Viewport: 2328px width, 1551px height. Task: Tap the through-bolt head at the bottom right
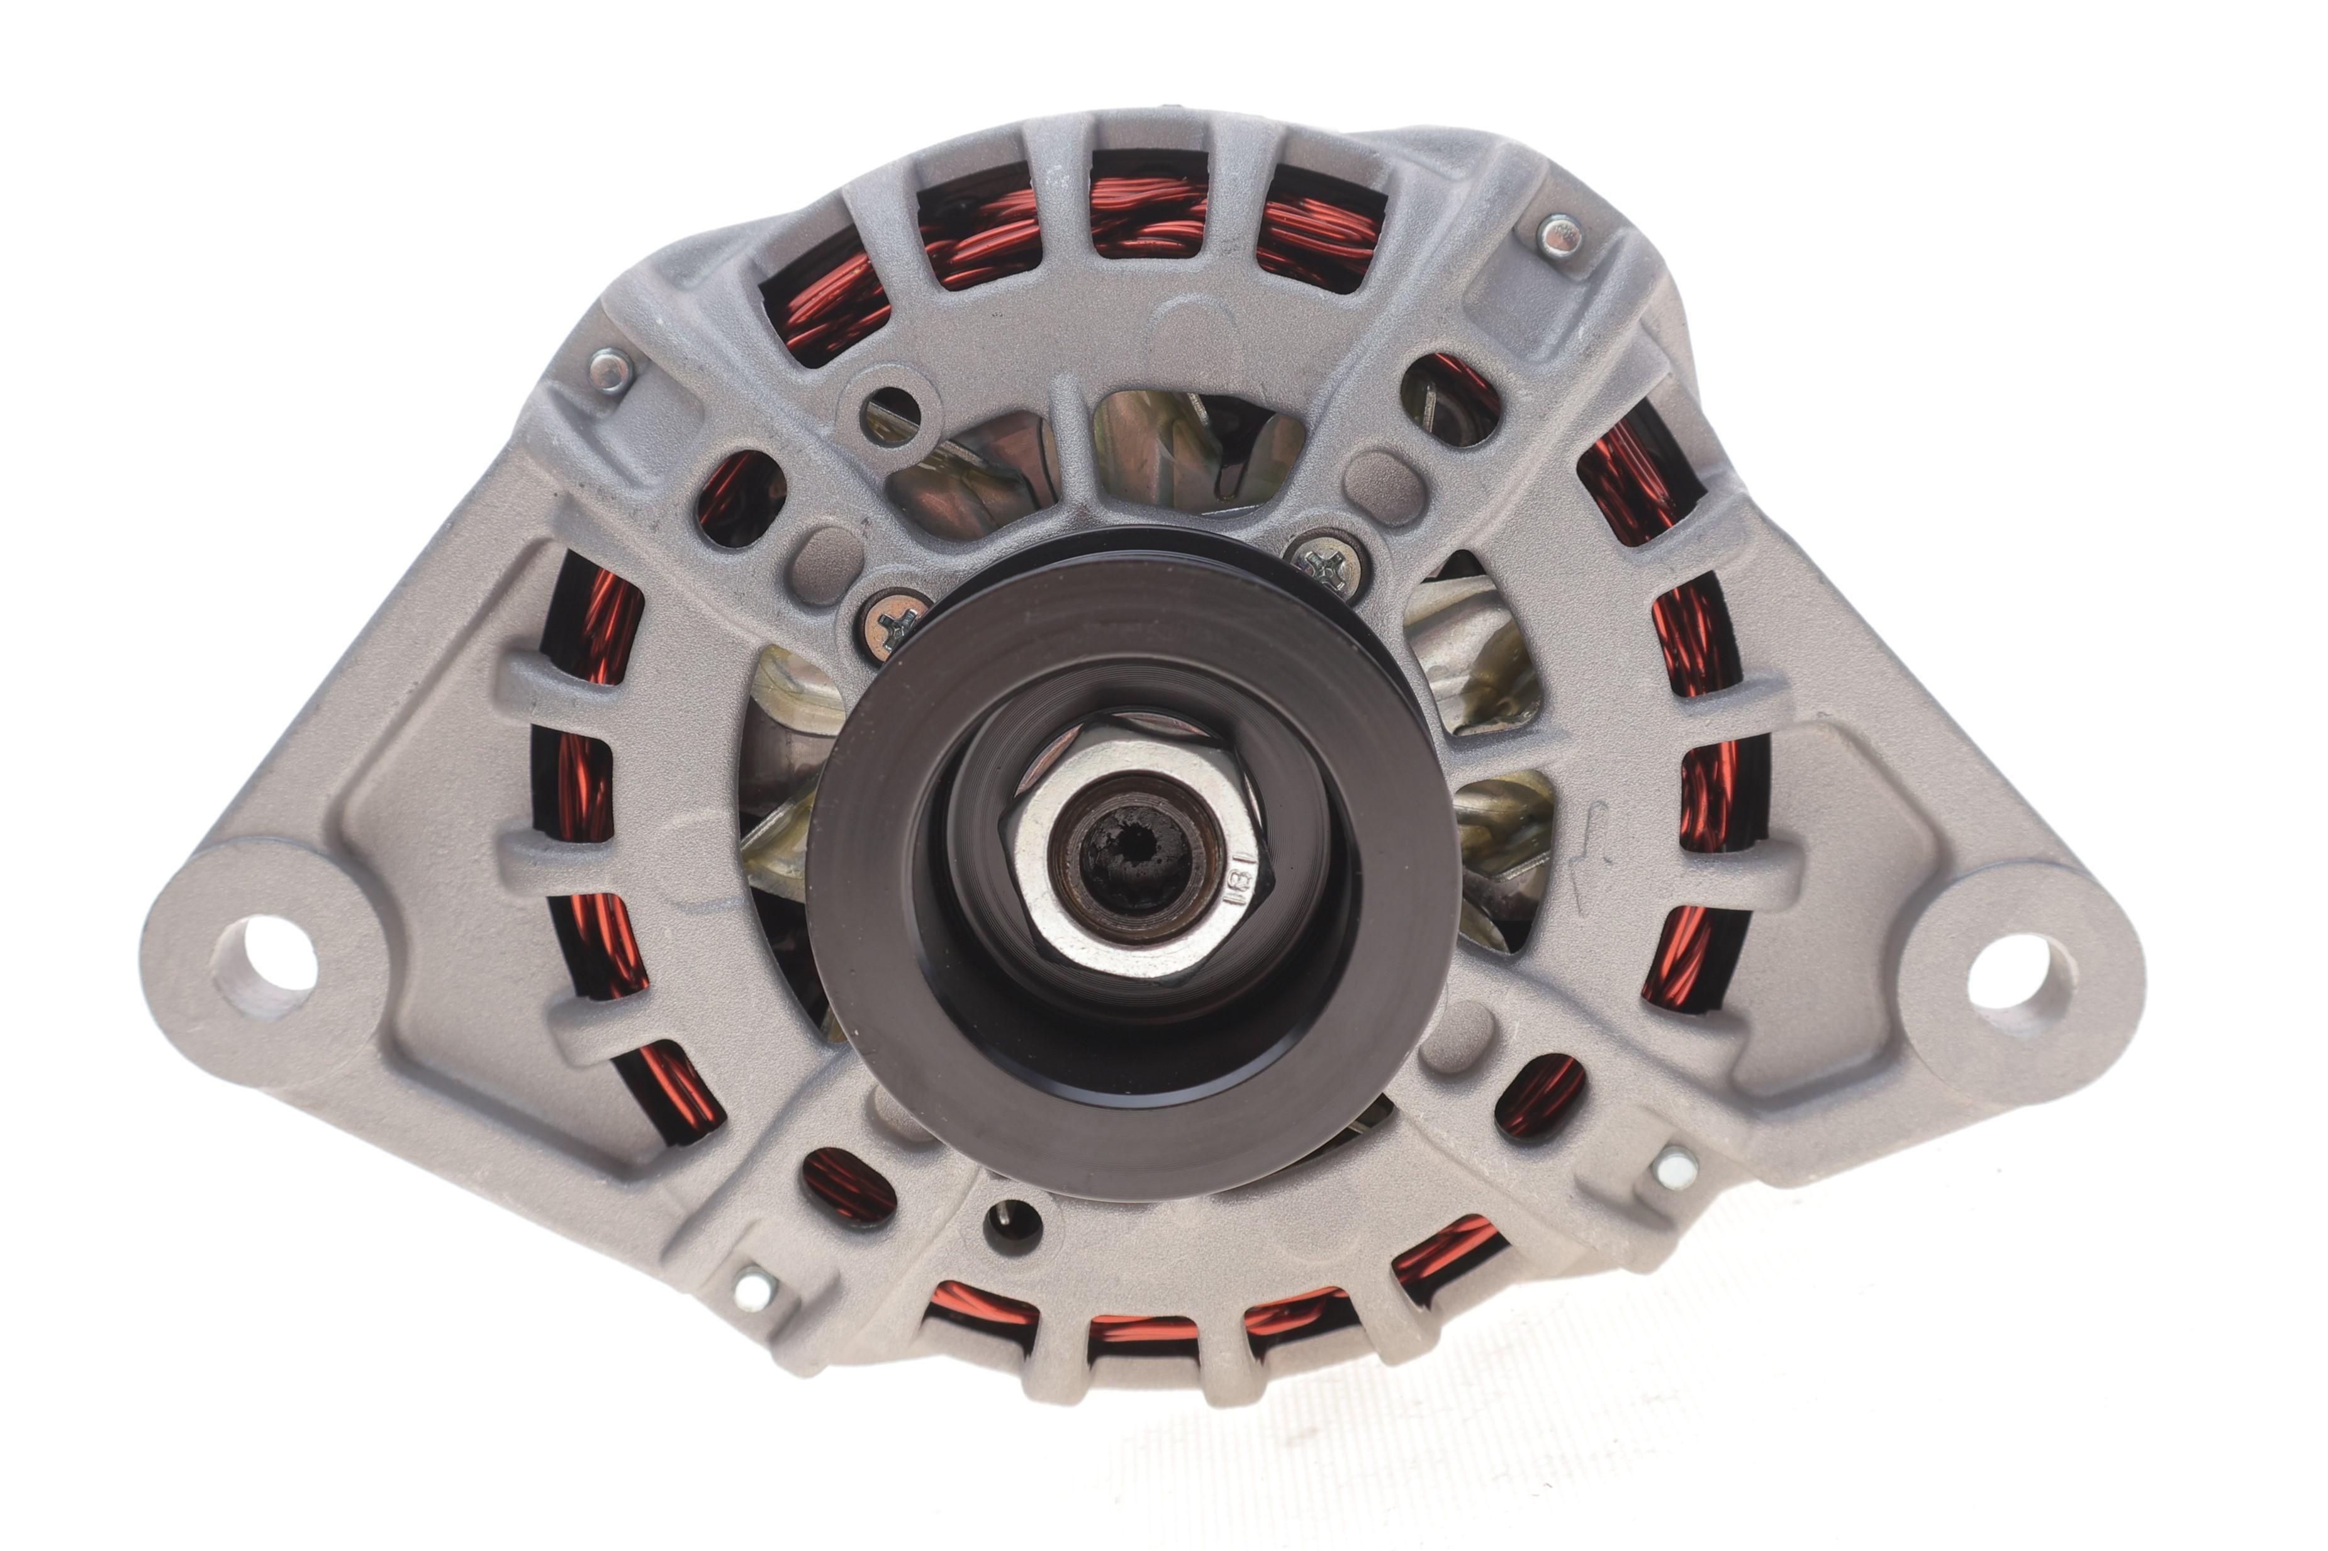tap(1675, 1167)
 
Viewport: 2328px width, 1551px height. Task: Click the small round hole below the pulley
tap(1012, 1226)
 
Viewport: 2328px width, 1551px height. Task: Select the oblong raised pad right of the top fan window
tap(1384, 487)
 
